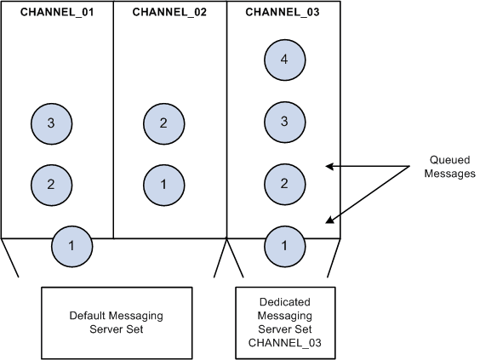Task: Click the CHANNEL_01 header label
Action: [57, 13]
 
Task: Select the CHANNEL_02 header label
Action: [170, 13]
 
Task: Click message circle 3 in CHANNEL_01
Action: [51, 123]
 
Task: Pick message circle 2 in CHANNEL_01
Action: [51, 184]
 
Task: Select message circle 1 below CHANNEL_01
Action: [71, 246]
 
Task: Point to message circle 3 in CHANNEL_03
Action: [284, 122]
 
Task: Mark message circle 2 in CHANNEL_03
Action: [284, 184]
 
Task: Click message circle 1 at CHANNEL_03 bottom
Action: [284, 246]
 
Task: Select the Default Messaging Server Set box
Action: [129, 322]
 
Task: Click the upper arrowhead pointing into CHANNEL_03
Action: [330, 166]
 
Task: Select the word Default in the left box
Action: [89, 316]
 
